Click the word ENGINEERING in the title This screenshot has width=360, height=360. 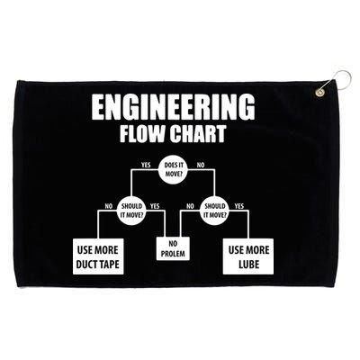(173, 106)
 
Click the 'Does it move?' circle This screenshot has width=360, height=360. (173, 170)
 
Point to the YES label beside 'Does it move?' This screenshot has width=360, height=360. (146, 165)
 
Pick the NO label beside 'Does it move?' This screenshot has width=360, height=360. (200, 165)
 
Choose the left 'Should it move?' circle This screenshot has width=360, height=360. (131, 211)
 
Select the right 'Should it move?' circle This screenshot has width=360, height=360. (214, 211)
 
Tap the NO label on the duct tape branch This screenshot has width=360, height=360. (109, 206)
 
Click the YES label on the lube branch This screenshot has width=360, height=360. (239, 206)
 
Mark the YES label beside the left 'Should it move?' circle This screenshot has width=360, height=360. (155, 206)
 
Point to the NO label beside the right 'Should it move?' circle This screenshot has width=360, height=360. (190, 206)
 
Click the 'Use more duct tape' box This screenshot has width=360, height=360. (98, 256)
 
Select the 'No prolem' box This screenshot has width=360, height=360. (173, 248)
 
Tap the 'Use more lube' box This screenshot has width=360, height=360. (248, 256)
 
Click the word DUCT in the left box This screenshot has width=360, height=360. (86, 264)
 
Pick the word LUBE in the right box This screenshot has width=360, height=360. (248, 264)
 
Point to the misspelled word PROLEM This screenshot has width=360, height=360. (173, 254)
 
